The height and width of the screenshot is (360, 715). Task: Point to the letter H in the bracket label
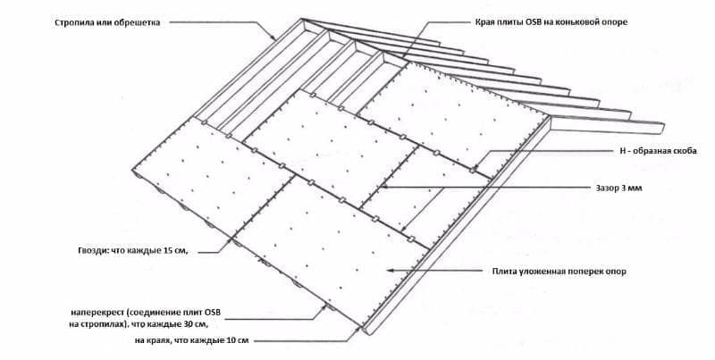[622, 151]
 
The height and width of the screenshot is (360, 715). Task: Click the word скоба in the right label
[685, 151]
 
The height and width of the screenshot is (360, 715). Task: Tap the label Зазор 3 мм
[618, 188]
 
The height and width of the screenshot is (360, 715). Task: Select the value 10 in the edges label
[231, 340]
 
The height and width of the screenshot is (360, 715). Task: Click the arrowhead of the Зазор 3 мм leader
[383, 187]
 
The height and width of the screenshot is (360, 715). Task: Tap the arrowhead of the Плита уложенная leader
[390, 271]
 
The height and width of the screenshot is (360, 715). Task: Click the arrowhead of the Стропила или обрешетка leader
[273, 38]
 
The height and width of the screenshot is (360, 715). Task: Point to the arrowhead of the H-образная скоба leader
[475, 168]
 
